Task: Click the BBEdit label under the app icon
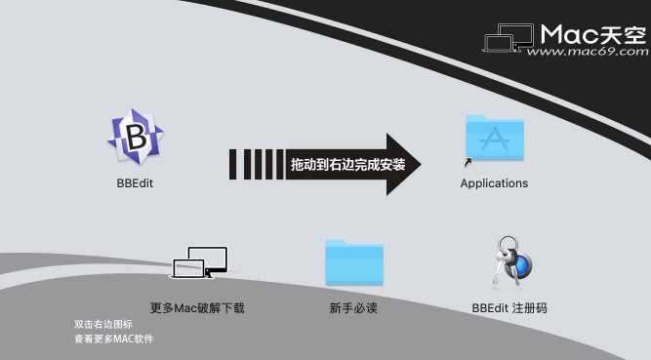click(135, 183)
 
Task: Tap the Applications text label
click(494, 183)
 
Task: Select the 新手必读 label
click(353, 308)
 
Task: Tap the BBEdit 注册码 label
click(509, 308)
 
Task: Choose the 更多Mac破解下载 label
click(197, 308)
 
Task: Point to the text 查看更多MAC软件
click(113, 339)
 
